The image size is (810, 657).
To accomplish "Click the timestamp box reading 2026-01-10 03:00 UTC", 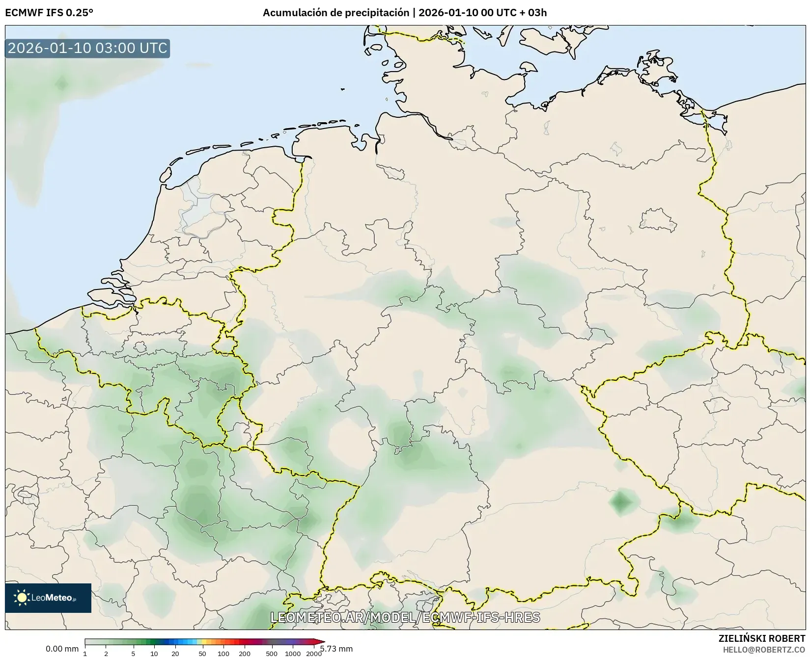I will [x=87, y=48].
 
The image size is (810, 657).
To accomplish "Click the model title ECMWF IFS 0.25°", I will [x=49, y=13].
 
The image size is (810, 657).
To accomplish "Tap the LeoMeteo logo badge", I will [x=48, y=598].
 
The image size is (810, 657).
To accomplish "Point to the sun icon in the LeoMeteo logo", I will [x=22, y=598].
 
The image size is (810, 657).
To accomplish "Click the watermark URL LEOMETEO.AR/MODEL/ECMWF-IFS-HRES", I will [x=405, y=617].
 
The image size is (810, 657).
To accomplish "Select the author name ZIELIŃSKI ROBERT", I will [x=762, y=638].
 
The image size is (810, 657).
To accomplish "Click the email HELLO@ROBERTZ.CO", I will [x=764, y=649].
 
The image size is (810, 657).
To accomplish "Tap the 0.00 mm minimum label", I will [x=62, y=649].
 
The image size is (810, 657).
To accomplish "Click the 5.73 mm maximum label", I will [x=336, y=649].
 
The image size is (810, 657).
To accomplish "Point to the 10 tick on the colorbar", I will [x=154, y=653].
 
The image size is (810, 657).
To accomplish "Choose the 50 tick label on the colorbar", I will [x=202, y=653].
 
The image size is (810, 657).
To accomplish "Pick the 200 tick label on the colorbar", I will [x=245, y=653].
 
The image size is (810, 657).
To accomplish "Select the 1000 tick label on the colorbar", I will [x=293, y=653].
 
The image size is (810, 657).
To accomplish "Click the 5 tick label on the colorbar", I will [x=133, y=653].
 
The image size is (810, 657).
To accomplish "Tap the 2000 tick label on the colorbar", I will [x=314, y=653].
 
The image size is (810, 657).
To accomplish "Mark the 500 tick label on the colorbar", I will [x=272, y=653].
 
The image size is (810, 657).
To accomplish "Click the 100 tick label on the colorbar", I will [x=223, y=653].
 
